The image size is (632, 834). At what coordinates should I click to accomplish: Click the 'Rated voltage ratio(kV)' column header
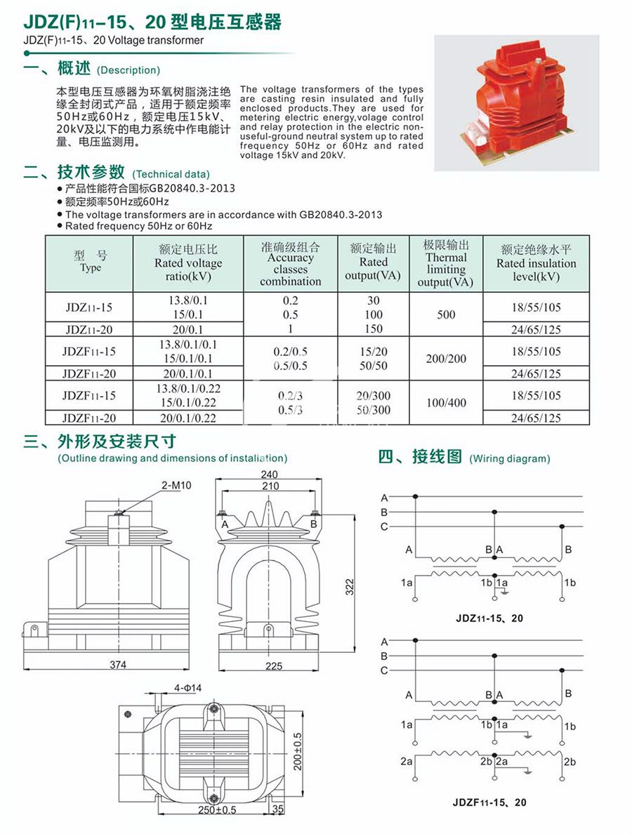coord(187,263)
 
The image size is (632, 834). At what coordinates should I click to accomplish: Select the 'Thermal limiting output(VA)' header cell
coord(446,263)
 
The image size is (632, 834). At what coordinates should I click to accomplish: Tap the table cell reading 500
coord(446,315)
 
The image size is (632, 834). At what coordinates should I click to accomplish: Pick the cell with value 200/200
coord(446,359)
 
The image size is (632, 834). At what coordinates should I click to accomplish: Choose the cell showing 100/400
coord(446,403)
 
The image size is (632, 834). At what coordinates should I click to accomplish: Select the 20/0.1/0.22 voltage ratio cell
coord(187,418)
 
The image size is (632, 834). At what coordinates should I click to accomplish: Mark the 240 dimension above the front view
coord(269,475)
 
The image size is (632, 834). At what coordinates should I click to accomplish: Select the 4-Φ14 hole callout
coord(187,687)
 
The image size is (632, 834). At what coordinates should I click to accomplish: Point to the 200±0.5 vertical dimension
coord(297,750)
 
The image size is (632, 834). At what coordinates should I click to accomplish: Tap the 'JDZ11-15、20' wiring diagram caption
coord(489,618)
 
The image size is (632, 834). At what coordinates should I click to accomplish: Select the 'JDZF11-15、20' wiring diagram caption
coord(489,802)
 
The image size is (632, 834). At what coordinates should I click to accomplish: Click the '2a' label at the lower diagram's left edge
coord(407,761)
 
